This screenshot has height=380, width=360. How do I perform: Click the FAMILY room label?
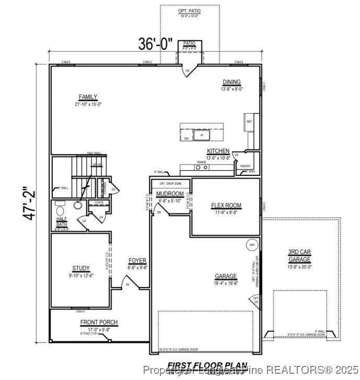coord(88,97)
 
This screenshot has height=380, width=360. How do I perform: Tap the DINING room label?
coord(231,82)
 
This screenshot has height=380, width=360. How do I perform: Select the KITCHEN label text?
coord(218,151)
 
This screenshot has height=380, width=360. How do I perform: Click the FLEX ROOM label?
coord(226,206)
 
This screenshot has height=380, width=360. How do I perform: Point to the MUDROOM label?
coord(170,194)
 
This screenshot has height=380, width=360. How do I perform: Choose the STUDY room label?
coord(81,268)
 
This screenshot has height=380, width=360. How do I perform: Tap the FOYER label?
coord(138,261)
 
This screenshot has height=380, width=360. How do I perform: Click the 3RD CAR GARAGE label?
coord(299,256)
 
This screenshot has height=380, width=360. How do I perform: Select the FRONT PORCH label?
coord(99,323)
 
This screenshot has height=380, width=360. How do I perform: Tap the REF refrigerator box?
coord(249,122)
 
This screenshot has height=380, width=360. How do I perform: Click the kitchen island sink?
coord(201,135)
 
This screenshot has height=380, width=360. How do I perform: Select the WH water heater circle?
coord(252,245)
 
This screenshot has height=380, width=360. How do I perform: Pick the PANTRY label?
coord(246,166)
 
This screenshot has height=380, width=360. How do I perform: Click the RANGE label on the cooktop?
coord(202,162)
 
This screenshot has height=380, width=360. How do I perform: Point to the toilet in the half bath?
coord(77,206)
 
